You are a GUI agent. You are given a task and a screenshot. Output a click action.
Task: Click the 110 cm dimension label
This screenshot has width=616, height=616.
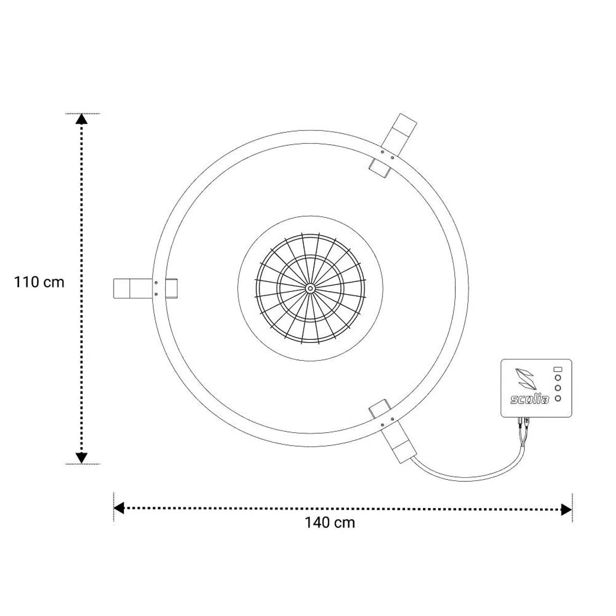tap(39, 282)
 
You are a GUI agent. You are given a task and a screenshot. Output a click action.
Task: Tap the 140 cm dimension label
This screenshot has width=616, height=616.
tap(330, 523)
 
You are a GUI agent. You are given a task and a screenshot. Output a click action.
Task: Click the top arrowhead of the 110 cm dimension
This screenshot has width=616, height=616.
tap(82, 119)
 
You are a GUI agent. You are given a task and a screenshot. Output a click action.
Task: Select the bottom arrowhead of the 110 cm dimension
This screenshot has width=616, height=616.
tap(82, 458)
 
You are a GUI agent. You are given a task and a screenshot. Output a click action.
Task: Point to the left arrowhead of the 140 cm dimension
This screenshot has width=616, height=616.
tap(119, 508)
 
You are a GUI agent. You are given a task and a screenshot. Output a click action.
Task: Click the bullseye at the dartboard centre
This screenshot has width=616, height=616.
tap(310, 288)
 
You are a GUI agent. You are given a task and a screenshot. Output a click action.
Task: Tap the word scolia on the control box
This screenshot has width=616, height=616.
tap(529, 399)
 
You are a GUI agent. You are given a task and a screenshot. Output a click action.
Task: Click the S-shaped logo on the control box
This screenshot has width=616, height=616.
tap(526, 379)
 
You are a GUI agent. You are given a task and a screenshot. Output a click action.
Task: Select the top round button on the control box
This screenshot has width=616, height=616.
tap(558, 378)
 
